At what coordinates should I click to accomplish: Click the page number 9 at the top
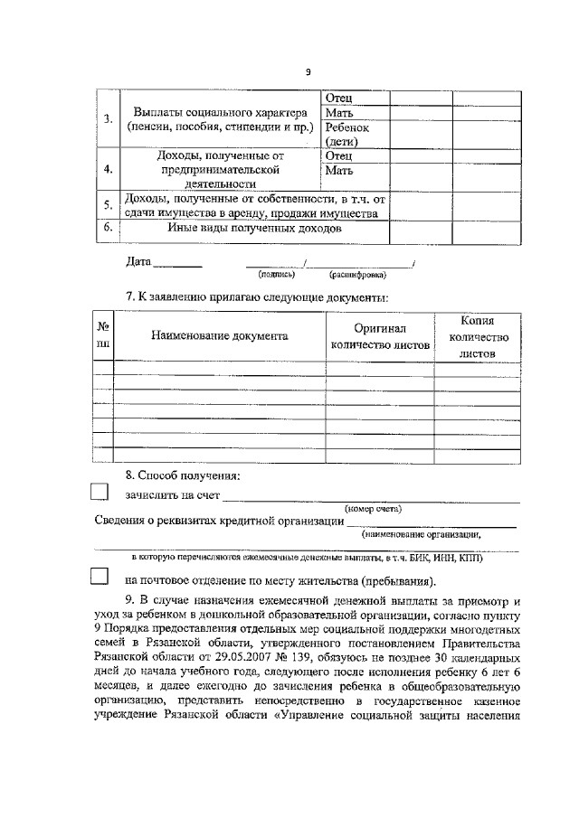(x=308, y=72)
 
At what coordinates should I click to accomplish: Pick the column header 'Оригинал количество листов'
(x=380, y=335)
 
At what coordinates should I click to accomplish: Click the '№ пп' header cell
(x=104, y=335)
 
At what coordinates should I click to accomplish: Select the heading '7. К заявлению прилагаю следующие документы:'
(x=257, y=297)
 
